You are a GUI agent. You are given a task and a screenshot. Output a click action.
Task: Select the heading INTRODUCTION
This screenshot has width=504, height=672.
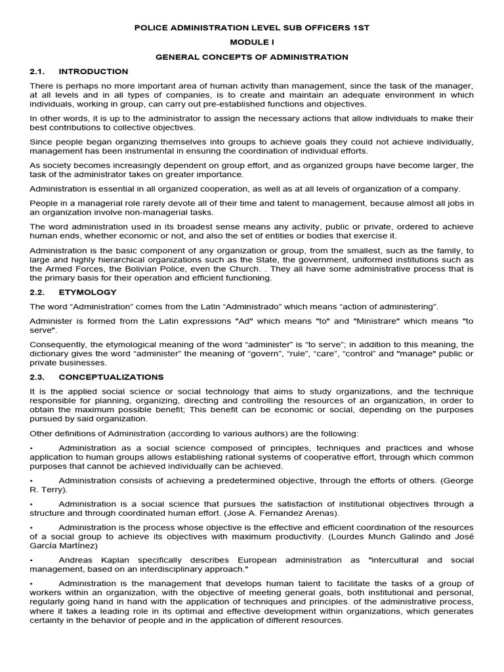click(93, 72)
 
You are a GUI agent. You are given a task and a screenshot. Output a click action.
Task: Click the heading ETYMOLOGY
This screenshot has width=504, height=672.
click(87, 292)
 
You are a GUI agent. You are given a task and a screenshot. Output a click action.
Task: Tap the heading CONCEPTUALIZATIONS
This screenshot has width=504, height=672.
click(111, 377)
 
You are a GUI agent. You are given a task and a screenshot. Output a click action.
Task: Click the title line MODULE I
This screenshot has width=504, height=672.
click(252, 43)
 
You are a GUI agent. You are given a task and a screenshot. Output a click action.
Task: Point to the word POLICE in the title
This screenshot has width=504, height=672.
click(150, 28)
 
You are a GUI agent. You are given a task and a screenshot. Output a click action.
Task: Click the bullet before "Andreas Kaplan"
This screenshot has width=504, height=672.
click(31, 560)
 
